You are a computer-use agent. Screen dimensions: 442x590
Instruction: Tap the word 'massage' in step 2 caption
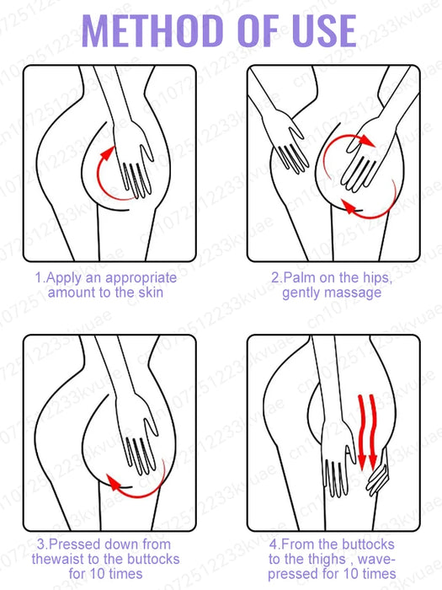pyautogui.click(x=355, y=292)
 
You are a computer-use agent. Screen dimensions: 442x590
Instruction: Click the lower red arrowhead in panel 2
pyautogui.click(x=349, y=207)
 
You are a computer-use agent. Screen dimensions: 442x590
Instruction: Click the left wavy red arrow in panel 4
pyautogui.click(x=362, y=432)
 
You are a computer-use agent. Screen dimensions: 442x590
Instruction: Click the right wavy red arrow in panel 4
pyautogui.click(x=373, y=432)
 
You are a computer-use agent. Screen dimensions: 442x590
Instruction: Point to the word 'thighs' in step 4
pyautogui.click(x=325, y=559)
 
